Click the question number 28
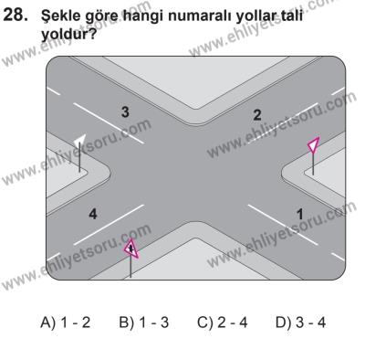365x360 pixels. tap(16, 15)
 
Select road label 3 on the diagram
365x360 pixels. tap(125, 111)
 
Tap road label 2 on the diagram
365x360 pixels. tap(257, 115)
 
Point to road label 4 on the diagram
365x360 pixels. tap(93, 214)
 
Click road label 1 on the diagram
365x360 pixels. tap(300, 214)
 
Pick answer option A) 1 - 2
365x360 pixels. tap(66, 322)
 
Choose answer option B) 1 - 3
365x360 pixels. tap(143, 322)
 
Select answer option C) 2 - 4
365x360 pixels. tap(223, 322)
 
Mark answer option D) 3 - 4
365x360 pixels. tap(300, 322)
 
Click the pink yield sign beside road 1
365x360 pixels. tap(313, 145)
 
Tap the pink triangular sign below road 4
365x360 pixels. tap(131, 249)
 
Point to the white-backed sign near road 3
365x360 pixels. tap(79, 139)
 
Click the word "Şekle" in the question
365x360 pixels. tap(58, 16)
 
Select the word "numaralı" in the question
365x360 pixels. tap(201, 16)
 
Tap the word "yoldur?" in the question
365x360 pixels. tap(68, 35)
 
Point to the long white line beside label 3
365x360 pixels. tap(109, 123)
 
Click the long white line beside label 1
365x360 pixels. tap(283, 225)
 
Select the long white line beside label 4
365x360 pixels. tap(109, 225)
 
